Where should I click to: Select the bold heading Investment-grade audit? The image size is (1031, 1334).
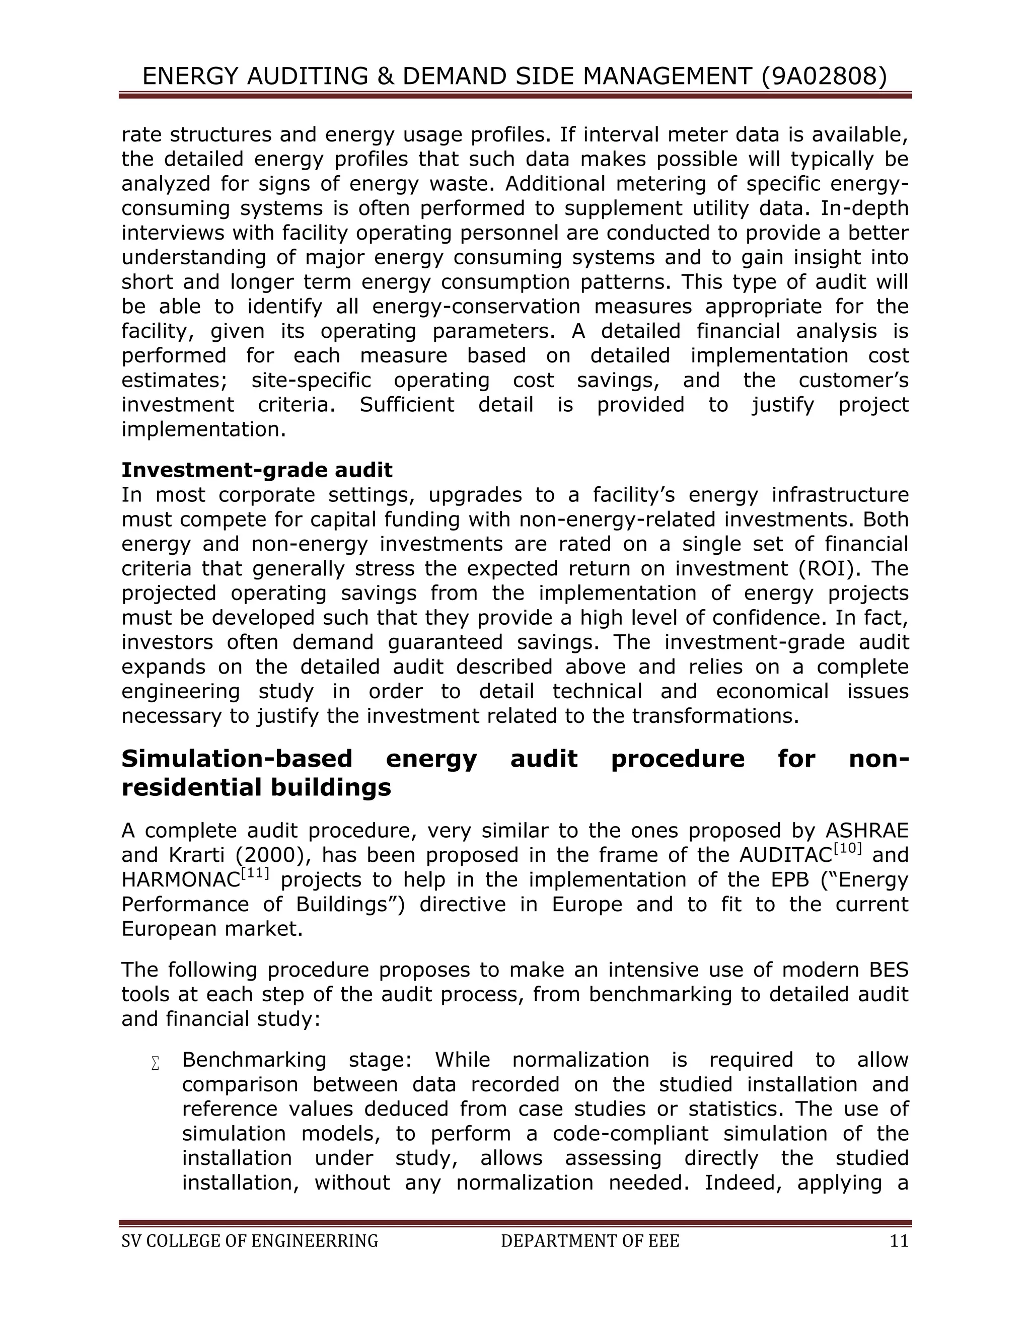[257, 470]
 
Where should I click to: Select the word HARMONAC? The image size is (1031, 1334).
[181, 880]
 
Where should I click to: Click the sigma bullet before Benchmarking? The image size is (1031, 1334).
[155, 1063]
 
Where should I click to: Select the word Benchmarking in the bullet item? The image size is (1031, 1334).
[254, 1060]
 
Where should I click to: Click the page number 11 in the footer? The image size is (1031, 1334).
[899, 1241]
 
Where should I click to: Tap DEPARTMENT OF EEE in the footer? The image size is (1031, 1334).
[590, 1241]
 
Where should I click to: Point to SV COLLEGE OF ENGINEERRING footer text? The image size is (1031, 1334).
[250, 1241]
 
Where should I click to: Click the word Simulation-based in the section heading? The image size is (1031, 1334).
[237, 759]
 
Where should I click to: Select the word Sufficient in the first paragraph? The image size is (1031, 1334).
[406, 404]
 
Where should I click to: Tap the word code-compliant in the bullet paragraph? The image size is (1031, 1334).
[630, 1134]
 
